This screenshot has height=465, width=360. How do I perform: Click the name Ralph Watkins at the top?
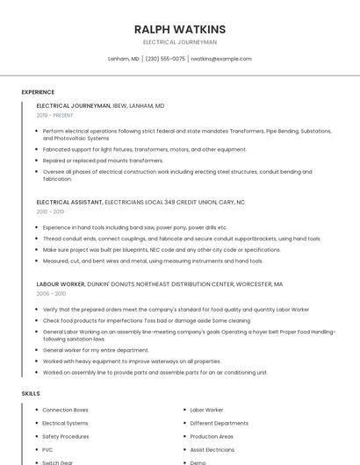pos(180,29)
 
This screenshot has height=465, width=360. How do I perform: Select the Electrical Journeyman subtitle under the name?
pos(180,41)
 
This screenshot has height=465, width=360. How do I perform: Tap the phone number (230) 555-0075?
pos(165,59)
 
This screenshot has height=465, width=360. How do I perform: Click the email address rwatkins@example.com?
pos(221,59)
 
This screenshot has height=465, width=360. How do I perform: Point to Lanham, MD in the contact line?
pos(123,59)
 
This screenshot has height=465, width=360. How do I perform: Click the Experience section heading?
pos(38,92)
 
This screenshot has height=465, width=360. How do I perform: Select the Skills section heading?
pos(31,394)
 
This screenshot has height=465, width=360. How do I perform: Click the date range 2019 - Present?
pos(54,115)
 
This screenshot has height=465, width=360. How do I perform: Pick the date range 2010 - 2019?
pos(50,211)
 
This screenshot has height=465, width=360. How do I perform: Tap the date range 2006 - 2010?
pos(50,294)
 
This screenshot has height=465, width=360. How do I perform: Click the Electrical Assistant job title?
pos(69,202)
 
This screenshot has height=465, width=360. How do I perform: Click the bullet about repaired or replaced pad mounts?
pos(103,161)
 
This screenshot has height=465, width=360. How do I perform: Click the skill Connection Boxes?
pos(65,410)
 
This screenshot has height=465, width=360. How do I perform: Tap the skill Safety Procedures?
pos(65,436)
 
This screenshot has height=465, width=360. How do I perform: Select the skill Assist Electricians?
pos(212,449)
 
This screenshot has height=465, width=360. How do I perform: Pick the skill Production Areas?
pos(212,436)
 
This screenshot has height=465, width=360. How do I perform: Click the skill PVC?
pos(47,449)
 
